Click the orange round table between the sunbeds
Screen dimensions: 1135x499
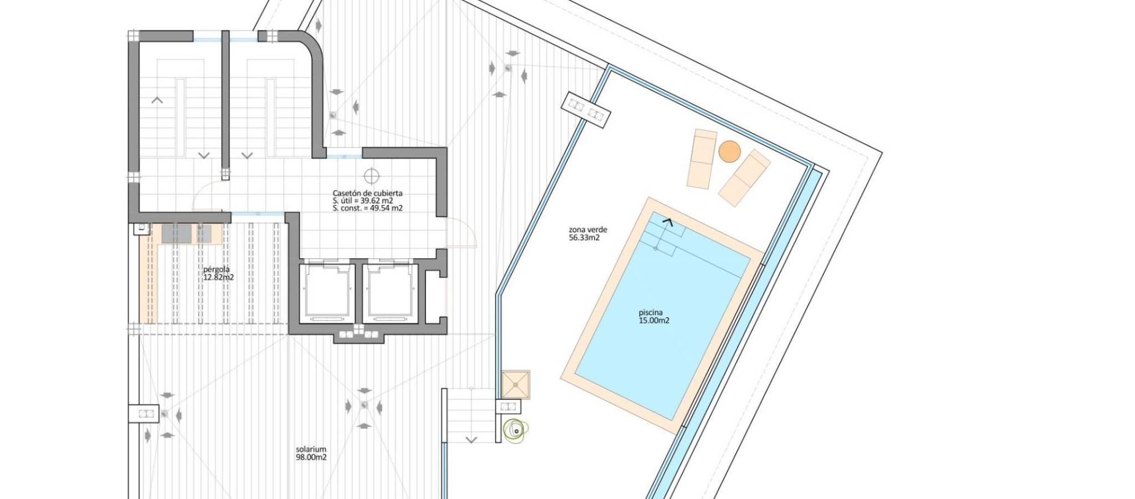pyautogui.click(x=729, y=151)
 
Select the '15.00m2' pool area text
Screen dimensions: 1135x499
pyautogui.click(x=654, y=320)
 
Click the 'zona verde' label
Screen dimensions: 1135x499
pyautogui.click(x=588, y=230)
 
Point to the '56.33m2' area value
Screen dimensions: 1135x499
pyautogui.click(x=584, y=238)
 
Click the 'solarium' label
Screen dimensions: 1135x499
pyautogui.click(x=311, y=449)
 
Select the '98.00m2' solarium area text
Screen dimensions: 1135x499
pyautogui.click(x=311, y=457)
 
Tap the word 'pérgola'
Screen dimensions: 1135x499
pyautogui.click(x=216, y=269)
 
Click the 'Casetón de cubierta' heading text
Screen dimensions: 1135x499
pyautogui.click(x=367, y=193)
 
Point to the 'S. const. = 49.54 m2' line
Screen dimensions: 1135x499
pyautogui.click(x=367, y=208)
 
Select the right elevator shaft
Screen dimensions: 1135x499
pyautogui.click(x=390, y=291)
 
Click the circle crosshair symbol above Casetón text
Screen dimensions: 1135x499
pyautogui.click(x=371, y=176)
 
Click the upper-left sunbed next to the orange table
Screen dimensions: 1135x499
pyautogui.click(x=701, y=159)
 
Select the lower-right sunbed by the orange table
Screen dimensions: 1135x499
pyautogui.click(x=744, y=178)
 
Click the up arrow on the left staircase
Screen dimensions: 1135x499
pyautogui.click(x=157, y=100)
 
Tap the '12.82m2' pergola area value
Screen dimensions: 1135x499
pyautogui.click(x=218, y=277)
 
